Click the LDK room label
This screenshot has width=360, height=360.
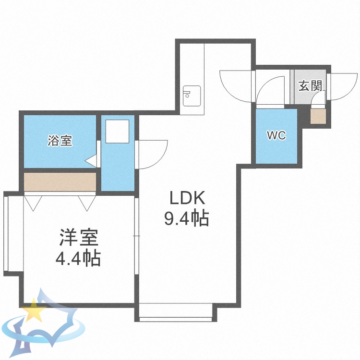[186, 198]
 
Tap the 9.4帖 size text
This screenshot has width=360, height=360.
[186, 219]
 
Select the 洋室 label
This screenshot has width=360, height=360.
[78, 238]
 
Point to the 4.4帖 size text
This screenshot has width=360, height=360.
[78, 259]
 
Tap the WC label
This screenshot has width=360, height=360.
[276, 135]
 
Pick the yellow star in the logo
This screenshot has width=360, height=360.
[34, 311]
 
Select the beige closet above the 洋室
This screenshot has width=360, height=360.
[60, 182]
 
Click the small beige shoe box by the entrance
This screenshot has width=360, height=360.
[318, 117]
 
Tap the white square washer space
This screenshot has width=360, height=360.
[118, 131]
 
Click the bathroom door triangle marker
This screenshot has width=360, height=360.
[91, 160]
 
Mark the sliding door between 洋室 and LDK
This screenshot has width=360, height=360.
[136, 235]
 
